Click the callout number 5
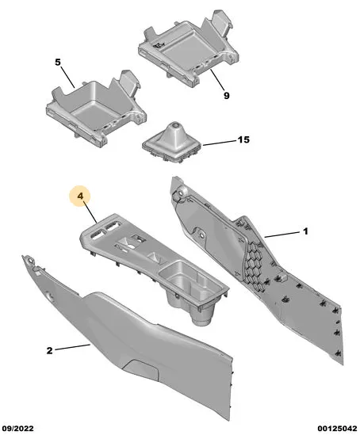pyautogui.click(x=57, y=62)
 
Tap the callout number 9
pyautogui.click(x=227, y=96)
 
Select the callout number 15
pyautogui.click(x=243, y=139)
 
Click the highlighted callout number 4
pyautogui.click(x=80, y=197)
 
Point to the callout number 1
pyautogui.click(x=305, y=231)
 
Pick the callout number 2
pyautogui.click(x=49, y=351)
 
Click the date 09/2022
pyautogui.click(x=17, y=429)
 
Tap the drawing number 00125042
pyautogui.click(x=338, y=429)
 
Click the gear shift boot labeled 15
pyautogui.click(x=173, y=144)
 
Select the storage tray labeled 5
pyautogui.click(x=96, y=109)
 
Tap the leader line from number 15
pyautogui.click(x=220, y=143)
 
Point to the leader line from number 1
pyautogui.click(x=282, y=235)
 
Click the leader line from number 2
pyautogui.click(x=72, y=347)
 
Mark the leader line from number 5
pyautogui.click(x=67, y=77)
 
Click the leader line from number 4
pyautogui.click(x=90, y=212)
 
